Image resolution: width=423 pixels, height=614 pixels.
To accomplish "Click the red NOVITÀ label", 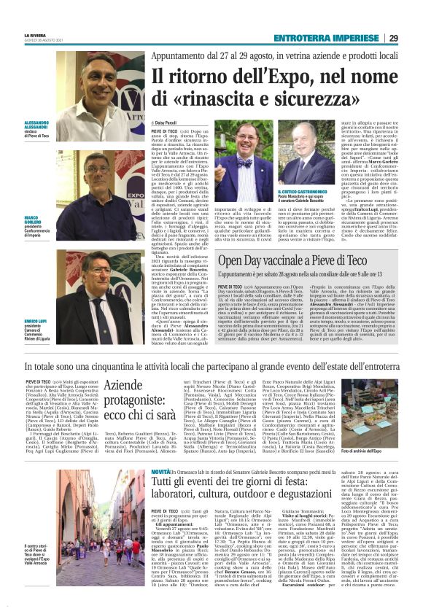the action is (x=161, y=473).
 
